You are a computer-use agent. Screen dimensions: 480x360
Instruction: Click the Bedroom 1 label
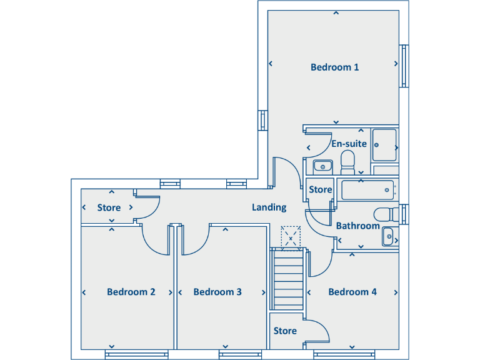[334, 67]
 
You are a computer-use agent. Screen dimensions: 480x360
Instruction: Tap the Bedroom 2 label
[131, 292]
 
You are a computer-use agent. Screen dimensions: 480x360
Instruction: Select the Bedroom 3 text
[217, 292]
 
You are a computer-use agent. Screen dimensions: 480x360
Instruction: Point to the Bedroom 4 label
[352, 292]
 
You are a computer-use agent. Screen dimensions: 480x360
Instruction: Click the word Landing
[269, 207]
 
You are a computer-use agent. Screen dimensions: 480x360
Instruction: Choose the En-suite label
[349, 144]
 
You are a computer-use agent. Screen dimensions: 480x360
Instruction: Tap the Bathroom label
[358, 226]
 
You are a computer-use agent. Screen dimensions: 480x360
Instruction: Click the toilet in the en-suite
[347, 162]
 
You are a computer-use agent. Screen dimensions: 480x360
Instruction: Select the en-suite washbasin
[322, 167]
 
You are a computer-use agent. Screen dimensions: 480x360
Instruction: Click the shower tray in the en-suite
[384, 145]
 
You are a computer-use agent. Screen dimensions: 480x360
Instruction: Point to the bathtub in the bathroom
[367, 190]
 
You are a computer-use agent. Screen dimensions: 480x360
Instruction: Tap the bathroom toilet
[386, 214]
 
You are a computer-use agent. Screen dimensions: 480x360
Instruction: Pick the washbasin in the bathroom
[389, 237]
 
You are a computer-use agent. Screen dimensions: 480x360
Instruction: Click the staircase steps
[288, 279]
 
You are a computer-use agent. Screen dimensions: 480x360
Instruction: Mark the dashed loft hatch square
[291, 238]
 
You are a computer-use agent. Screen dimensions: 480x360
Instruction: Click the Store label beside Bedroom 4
[285, 331]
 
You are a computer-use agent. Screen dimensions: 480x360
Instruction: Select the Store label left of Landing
[109, 208]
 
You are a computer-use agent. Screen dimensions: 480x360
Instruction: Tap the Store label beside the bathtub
[320, 190]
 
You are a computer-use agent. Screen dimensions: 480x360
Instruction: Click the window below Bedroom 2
[136, 354]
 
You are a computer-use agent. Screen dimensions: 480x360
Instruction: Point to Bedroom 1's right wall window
[404, 66]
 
